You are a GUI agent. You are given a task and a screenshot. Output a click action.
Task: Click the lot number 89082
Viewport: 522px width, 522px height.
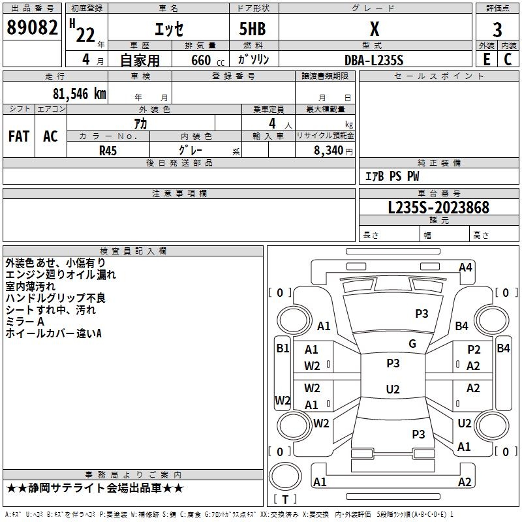click(x=32, y=27)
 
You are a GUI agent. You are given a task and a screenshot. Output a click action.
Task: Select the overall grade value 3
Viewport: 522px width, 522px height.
click(x=497, y=30)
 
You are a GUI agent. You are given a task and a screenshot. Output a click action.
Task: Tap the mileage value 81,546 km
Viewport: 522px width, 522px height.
click(x=80, y=94)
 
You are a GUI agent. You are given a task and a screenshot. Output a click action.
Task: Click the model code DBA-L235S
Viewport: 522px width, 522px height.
click(x=374, y=60)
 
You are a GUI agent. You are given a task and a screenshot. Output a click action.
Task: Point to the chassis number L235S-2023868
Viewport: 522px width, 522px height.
click(x=438, y=207)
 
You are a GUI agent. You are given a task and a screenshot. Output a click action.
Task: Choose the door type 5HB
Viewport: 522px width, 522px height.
click(x=253, y=29)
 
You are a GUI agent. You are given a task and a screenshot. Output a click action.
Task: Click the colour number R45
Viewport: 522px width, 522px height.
click(x=108, y=151)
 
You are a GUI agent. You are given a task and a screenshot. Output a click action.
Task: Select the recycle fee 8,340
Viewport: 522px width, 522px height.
click(x=329, y=150)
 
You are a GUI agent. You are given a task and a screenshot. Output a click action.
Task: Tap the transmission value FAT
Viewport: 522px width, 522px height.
click(x=19, y=136)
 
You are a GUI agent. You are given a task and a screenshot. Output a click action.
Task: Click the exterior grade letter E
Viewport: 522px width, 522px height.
click(x=486, y=59)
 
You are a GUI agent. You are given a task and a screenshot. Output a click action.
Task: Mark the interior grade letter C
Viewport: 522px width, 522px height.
click(x=508, y=59)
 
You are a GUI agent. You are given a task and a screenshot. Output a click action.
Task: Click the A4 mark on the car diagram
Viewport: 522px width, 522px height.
click(x=465, y=268)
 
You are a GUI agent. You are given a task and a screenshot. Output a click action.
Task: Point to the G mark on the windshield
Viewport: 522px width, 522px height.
click(x=412, y=344)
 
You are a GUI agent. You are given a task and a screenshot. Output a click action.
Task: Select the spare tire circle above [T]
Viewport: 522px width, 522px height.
click(x=285, y=476)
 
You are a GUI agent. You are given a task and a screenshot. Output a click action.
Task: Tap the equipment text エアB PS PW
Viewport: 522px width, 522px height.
click(x=392, y=176)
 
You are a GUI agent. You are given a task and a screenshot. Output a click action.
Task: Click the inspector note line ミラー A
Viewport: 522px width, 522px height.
click(x=25, y=322)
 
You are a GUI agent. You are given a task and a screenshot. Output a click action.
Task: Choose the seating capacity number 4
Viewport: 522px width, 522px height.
click(x=272, y=123)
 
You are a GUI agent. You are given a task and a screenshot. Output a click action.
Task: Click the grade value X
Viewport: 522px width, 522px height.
click(x=375, y=29)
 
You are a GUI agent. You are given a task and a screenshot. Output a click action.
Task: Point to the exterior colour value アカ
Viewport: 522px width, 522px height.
click(x=140, y=123)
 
